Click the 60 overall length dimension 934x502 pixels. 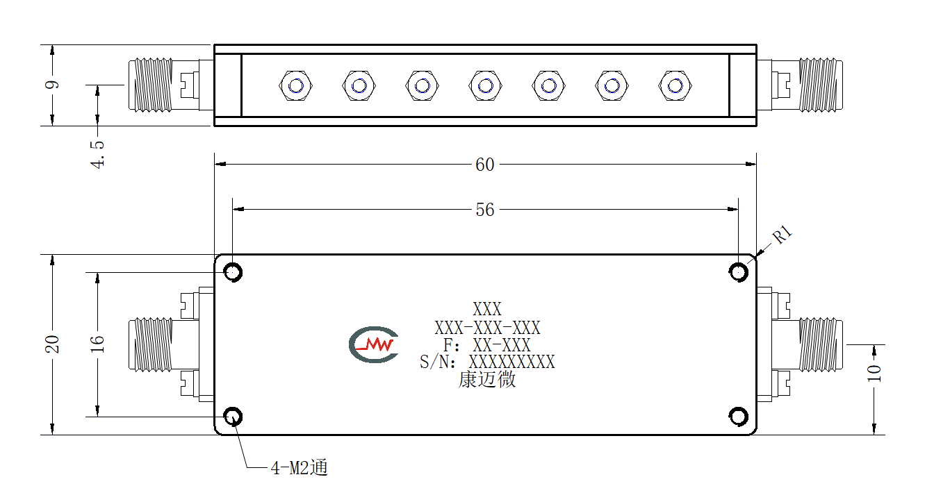pos(484,165)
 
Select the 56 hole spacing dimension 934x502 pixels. pos(484,210)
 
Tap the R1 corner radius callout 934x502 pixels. pos(782,235)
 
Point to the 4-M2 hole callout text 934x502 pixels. pos(299,467)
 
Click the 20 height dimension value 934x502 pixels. pos(53,344)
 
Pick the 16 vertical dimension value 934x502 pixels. pos(97,344)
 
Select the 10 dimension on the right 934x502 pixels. pos(874,373)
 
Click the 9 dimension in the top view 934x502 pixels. pos(52,85)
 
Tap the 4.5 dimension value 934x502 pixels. pos(97,154)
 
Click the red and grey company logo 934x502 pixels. pos(374,344)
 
